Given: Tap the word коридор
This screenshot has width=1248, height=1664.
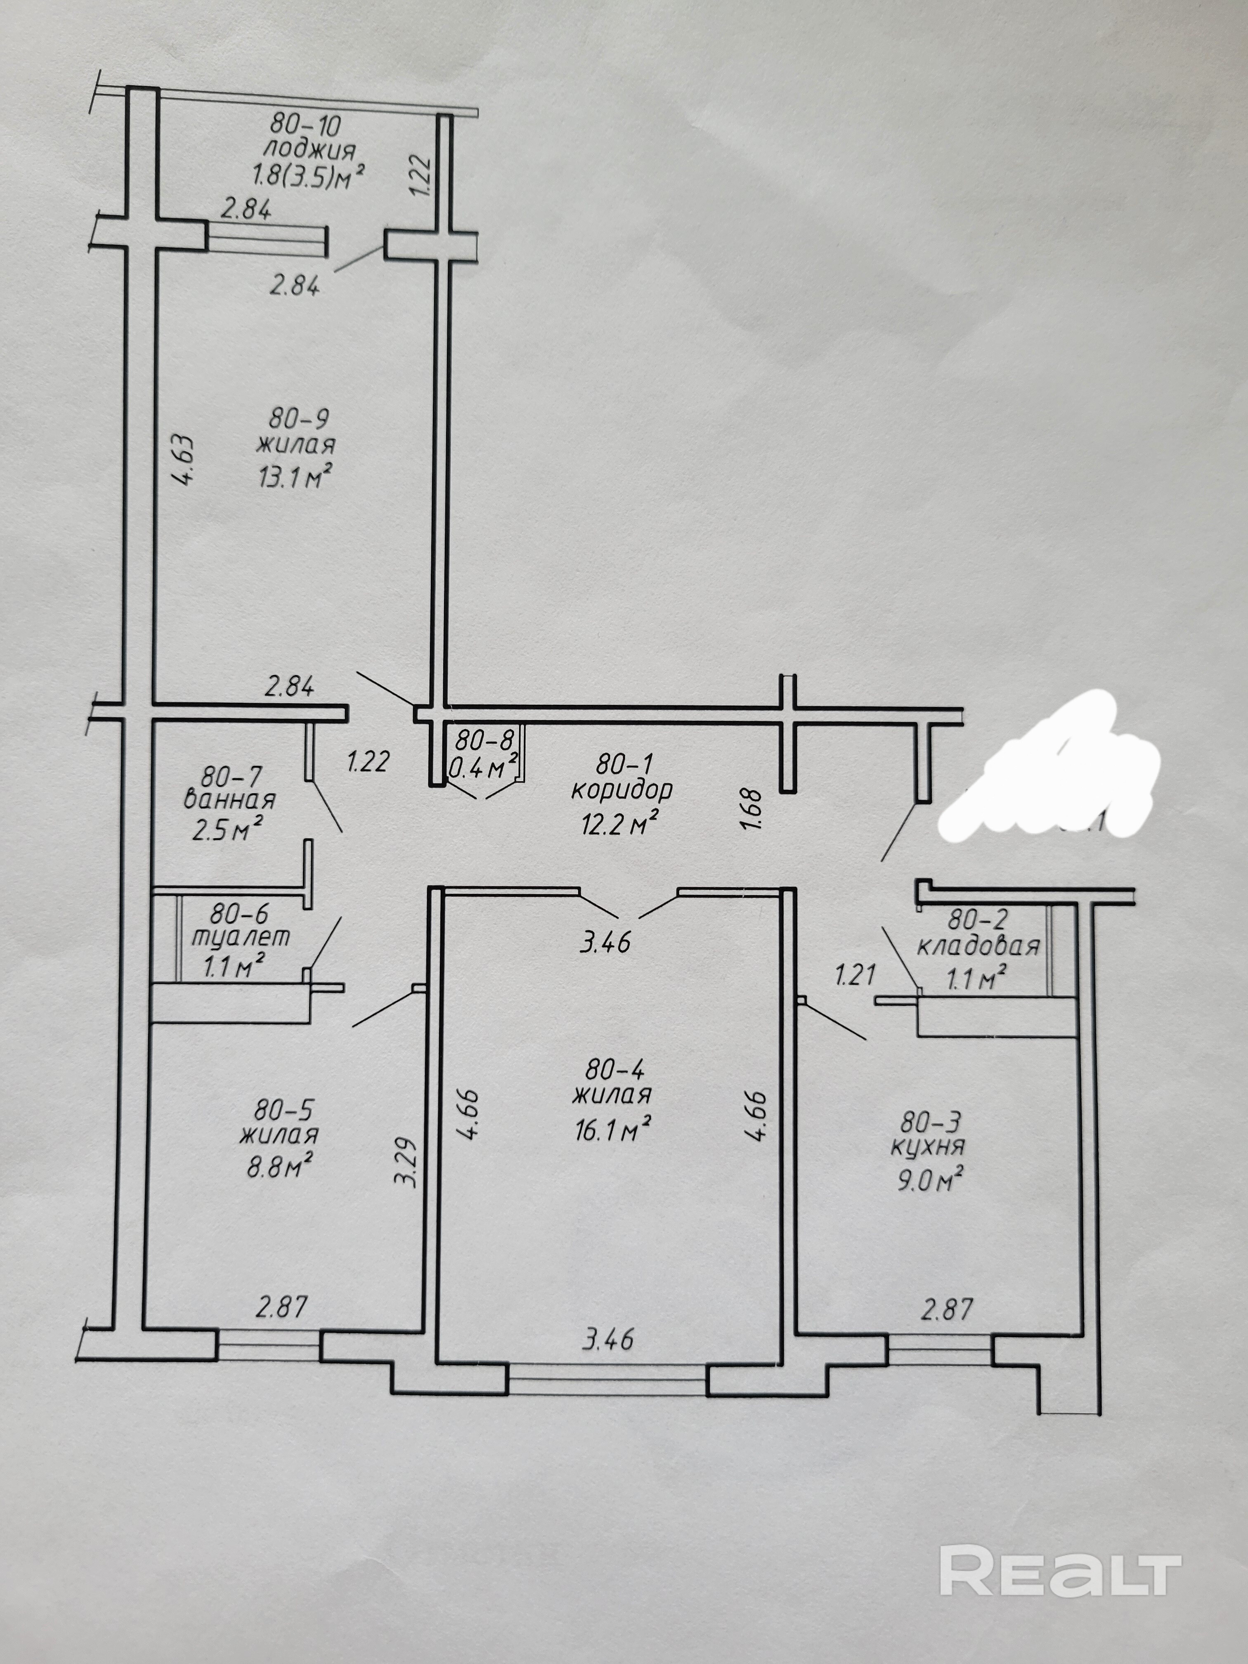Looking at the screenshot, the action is tap(622, 790).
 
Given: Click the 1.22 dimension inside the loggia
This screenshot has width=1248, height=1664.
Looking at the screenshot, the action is tap(422, 175).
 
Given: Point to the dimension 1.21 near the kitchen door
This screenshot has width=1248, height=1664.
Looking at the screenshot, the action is tap(856, 976).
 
